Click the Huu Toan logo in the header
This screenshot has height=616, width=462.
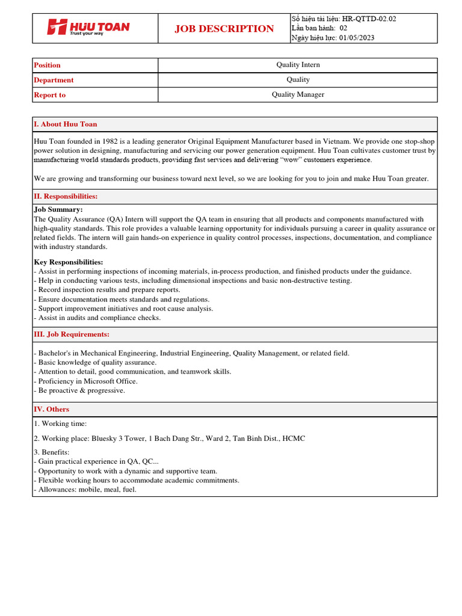(x=88, y=28)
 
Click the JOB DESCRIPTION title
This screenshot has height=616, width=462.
(x=224, y=29)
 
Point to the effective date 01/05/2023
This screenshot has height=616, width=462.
(x=357, y=38)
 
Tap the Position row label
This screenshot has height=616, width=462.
(x=48, y=65)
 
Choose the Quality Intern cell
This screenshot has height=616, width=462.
(x=298, y=65)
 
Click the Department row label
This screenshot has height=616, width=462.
(x=54, y=80)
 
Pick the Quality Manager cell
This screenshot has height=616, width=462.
(x=298, y=94)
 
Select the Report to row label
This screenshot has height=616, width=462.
(x=50, y=95)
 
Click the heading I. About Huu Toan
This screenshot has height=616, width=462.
(x=66, y=124)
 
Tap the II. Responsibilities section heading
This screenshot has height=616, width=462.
(x=66, y=196)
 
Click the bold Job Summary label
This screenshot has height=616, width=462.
(x=58, y=209)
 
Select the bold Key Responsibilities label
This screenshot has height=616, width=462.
(x=69, y=262)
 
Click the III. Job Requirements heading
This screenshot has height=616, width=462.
(x=72, y=334)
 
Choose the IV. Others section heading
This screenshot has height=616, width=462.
(x=52, y=409)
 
